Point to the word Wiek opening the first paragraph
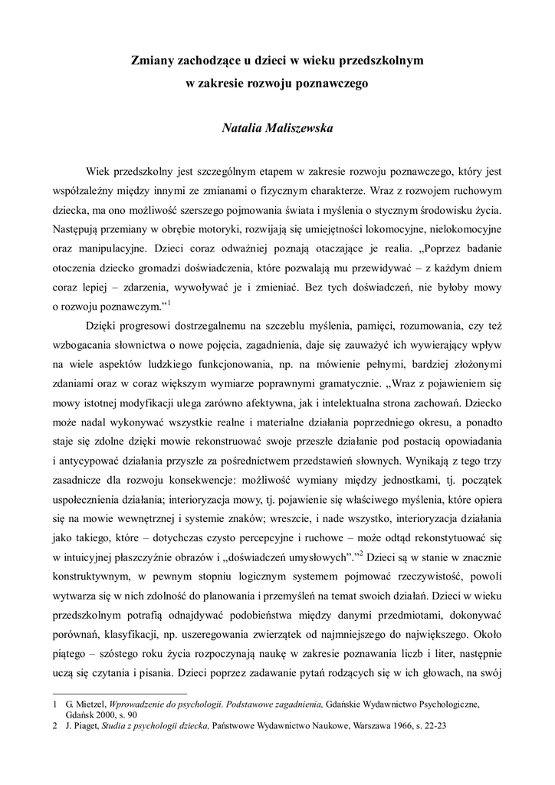click(x=99, y=170)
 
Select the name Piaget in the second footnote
click(x=79, y=724)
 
